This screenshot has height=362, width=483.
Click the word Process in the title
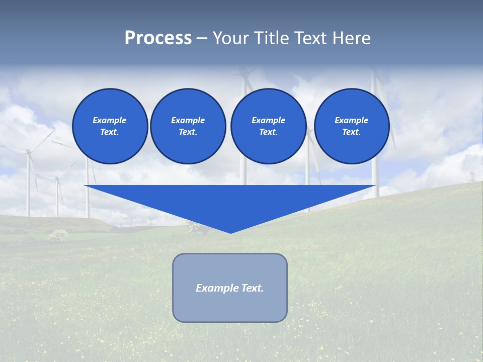point(158,38)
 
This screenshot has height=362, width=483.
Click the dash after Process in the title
point(202,39)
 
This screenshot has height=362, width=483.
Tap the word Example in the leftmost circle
point(110,120)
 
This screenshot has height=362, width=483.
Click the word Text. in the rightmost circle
point(352,132)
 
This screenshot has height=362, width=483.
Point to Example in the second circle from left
point(188,120)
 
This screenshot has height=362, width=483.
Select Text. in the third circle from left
point(268,132)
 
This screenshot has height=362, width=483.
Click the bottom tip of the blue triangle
point(230,232)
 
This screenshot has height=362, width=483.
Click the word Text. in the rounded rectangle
point(253,288)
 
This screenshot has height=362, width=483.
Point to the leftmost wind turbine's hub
point(28,151)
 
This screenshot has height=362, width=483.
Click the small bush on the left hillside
point(59,235)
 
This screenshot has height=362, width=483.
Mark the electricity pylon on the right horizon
point(472,176)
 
